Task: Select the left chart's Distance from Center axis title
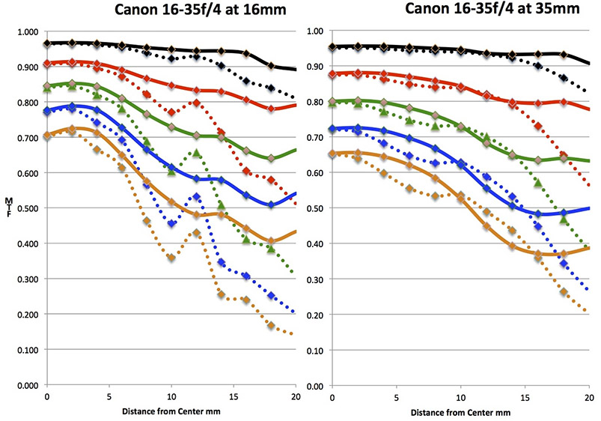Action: pos(171,411)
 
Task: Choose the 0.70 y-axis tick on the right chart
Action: pos(316,138)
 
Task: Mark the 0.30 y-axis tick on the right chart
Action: pos(316,279)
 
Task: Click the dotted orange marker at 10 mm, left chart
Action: pos(172,258)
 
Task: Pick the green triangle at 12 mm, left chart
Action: pos(197,154)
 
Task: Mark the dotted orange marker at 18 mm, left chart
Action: pos(271,326)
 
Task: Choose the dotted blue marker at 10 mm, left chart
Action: pos(172,223)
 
